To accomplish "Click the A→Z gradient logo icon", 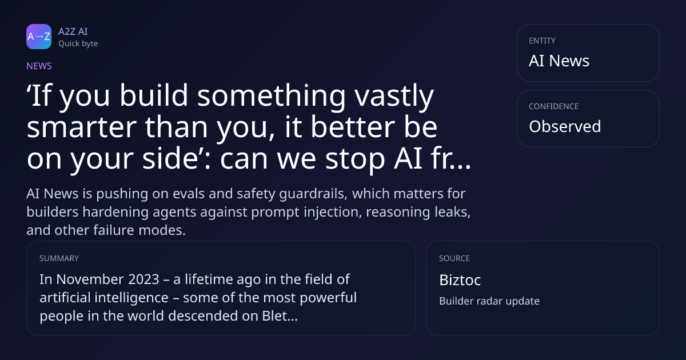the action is (x=39, y=37).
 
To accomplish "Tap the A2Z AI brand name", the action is (x=73, y=31).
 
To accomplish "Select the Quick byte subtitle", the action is (x=78, y=44).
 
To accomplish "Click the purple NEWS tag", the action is (x=39, y=66).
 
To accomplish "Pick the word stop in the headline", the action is (x=355, y=159).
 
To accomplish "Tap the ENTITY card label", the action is (x=542, y=41).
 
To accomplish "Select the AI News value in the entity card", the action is (x=559, y=61).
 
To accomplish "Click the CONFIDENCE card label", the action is (x=554, y=106).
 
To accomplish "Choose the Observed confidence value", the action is (x=565, y=126).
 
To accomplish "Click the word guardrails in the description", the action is (x=313, y=194).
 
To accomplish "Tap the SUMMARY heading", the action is (x=59, y=258).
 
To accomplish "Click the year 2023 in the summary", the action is (x=143, y=279).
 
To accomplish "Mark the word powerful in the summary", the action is (x=328, y=298).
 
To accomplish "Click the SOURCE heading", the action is (x=454, y=258).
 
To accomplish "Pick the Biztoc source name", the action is (x=460, y=280).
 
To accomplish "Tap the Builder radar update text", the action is (x=489, y=301).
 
